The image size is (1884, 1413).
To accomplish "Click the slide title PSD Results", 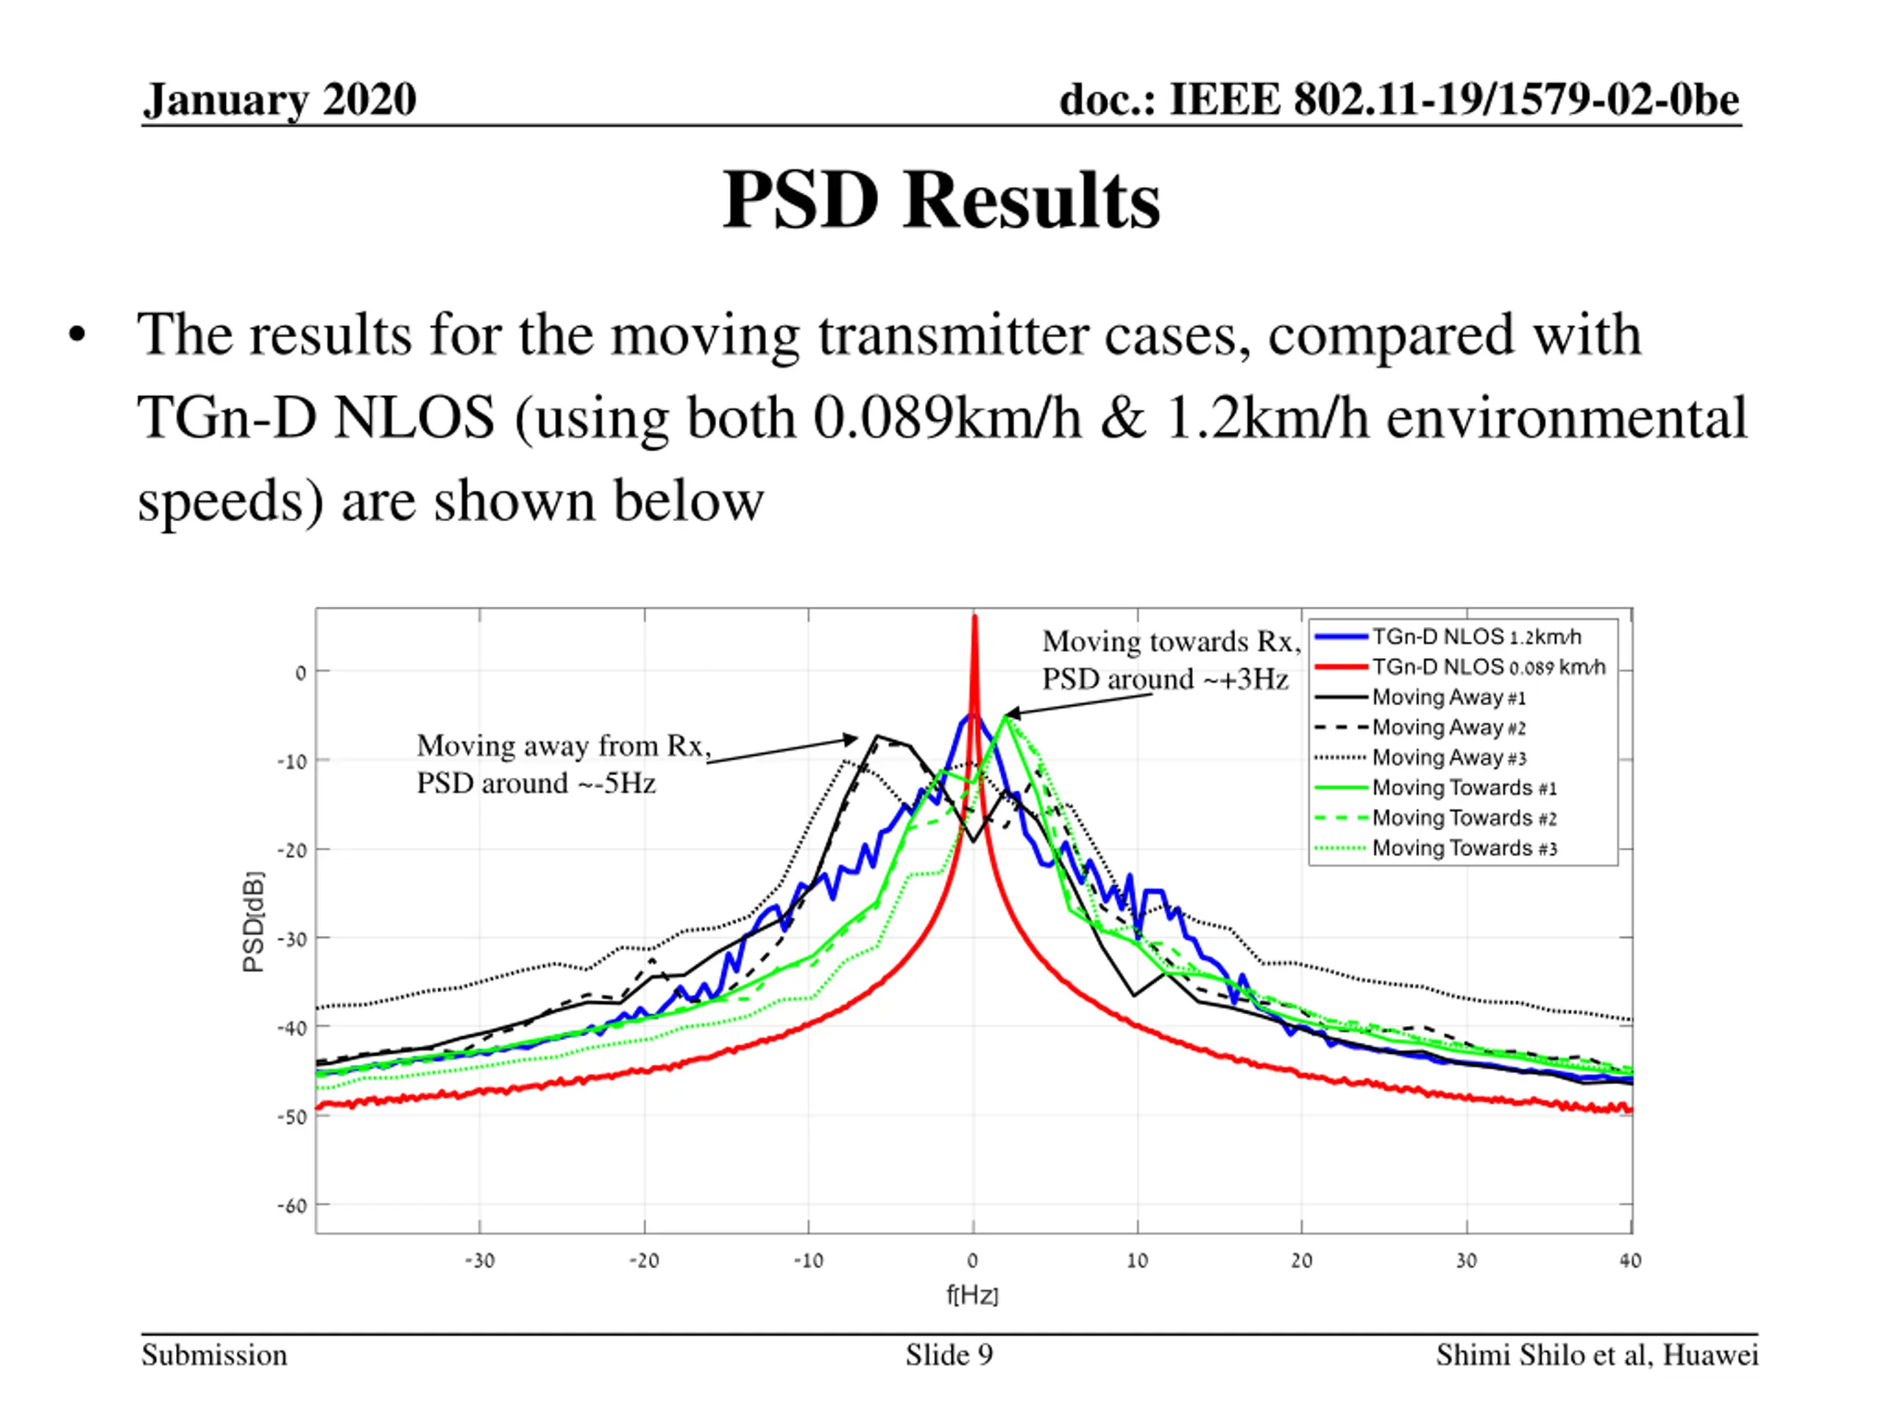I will (x=941, y=201).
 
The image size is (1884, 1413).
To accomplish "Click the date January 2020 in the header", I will (x=280, y=99).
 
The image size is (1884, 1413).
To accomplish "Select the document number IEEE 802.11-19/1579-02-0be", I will (x=1398, y=99).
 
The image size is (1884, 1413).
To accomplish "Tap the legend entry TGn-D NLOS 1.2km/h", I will (x=1476, y=637).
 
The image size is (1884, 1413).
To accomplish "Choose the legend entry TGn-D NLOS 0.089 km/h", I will (x=1488, y=667).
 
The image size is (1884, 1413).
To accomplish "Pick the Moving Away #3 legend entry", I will (x=1449, y=757).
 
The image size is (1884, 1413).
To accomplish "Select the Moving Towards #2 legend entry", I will (x=1464, y=818).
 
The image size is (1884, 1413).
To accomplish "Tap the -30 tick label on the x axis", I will (x=480, y=1261).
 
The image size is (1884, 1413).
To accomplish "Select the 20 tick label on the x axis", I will (x=1301, y=1261).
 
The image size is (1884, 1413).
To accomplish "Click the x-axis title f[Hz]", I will (x=972, y=1295).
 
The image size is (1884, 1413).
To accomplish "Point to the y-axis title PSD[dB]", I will (x=254, y=921).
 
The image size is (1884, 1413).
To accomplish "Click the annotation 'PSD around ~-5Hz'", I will (x=536, y=783).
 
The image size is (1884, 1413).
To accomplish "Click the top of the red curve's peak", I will (x=974, y=618).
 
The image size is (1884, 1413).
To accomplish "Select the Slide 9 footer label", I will (x=949, y=1354).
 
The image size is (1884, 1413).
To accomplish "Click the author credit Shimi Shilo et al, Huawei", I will (x=1596, y=1354).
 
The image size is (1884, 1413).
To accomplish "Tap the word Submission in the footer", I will (x=215, y=1354).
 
